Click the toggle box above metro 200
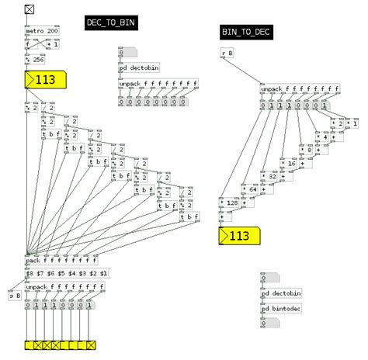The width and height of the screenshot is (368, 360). [30, 10]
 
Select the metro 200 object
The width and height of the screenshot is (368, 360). [41, 31]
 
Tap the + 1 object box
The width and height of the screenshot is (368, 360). [52, 44]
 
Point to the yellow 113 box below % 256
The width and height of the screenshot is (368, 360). [47, 79]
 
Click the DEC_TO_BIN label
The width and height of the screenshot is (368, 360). [111, 22]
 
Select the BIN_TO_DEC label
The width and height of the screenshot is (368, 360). [246, 32]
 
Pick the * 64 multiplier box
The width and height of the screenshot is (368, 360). [250, 189]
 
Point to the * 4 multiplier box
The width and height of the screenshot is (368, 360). [322, 137]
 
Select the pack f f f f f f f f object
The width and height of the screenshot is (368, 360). [62, 261]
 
